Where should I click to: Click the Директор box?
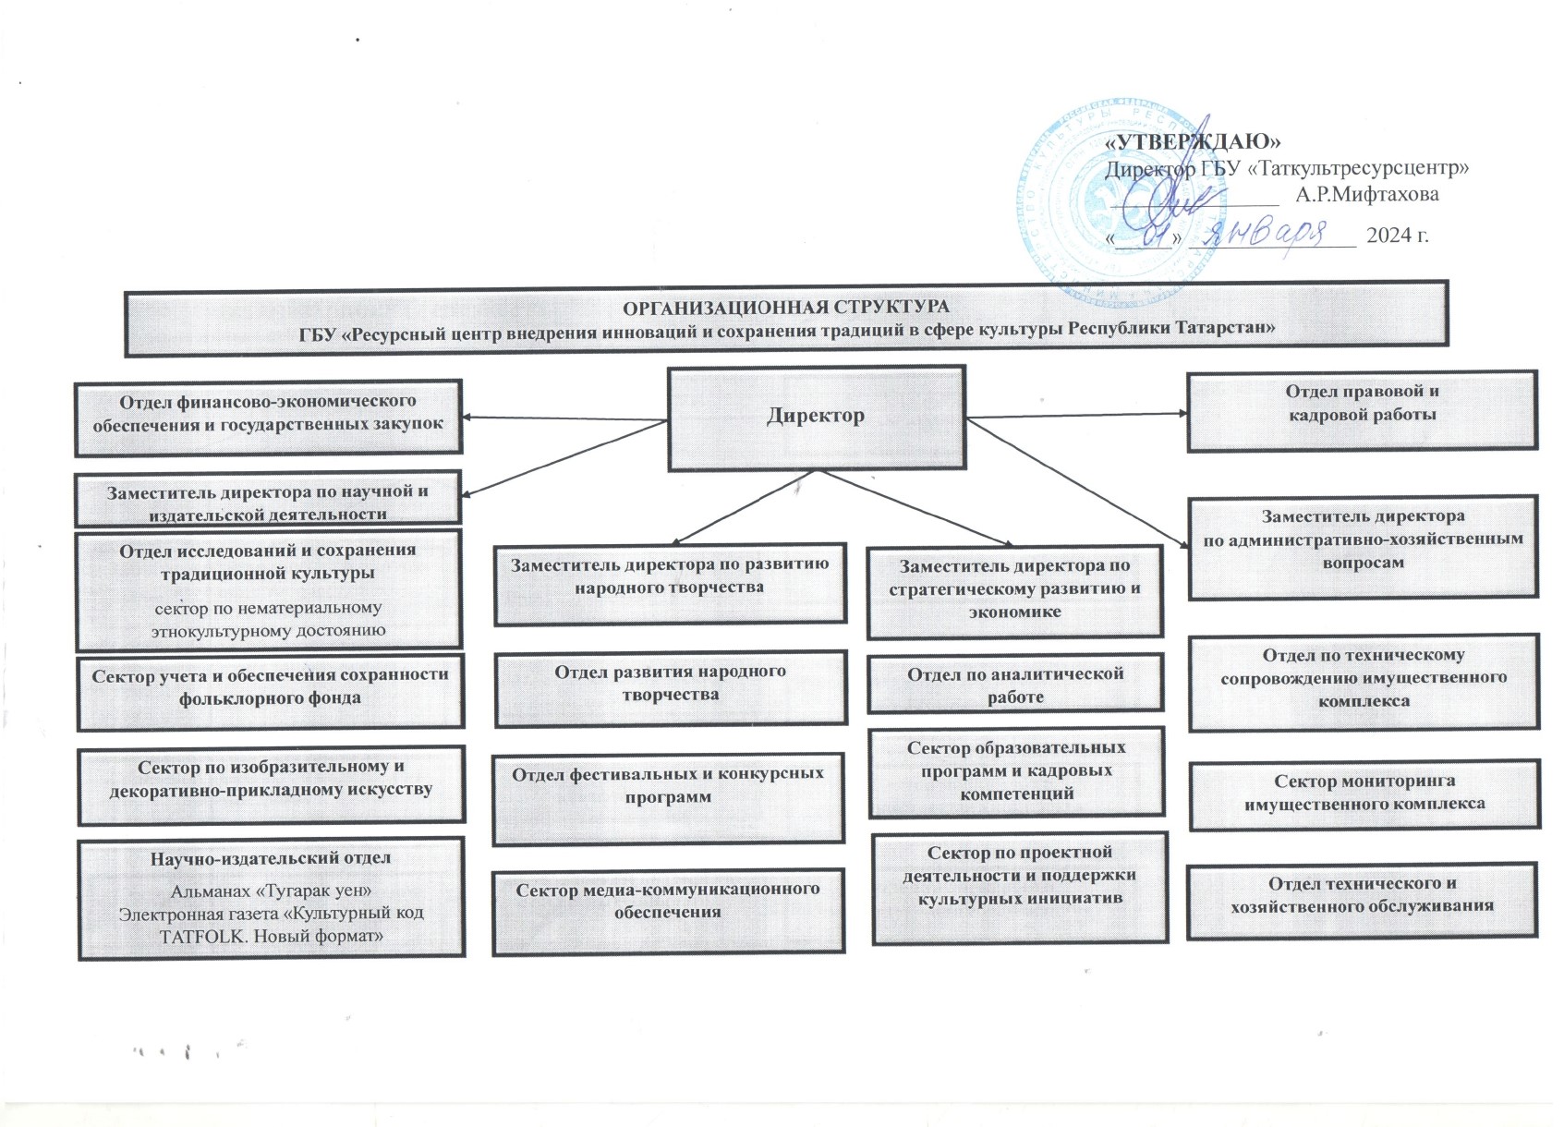point(817,418)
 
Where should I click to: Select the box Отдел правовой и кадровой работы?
point(1363,410)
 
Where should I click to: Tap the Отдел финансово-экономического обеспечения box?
point(268,418)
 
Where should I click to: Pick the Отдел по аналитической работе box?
point(1015,683)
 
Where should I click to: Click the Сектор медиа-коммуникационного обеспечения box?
point(668,911)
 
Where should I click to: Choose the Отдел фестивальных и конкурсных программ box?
point(668,797)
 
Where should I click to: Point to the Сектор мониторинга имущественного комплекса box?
point(1364,794)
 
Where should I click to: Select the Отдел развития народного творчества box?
point(671,688)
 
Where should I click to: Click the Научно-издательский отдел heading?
point(271,858)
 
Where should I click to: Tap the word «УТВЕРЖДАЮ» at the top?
point(1194,142)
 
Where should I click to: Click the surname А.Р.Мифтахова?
point(1366,194)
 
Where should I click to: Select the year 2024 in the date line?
point(1388,236)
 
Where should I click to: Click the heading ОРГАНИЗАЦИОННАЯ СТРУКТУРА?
point(786,307)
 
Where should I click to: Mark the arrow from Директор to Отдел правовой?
point(1077,416)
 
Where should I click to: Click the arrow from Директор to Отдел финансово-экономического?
point(564,419)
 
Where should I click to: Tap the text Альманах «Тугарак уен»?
point(271,891)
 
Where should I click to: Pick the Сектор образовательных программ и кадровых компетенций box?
point(1016,771)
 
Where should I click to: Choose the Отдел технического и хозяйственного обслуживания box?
point(1362,900)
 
